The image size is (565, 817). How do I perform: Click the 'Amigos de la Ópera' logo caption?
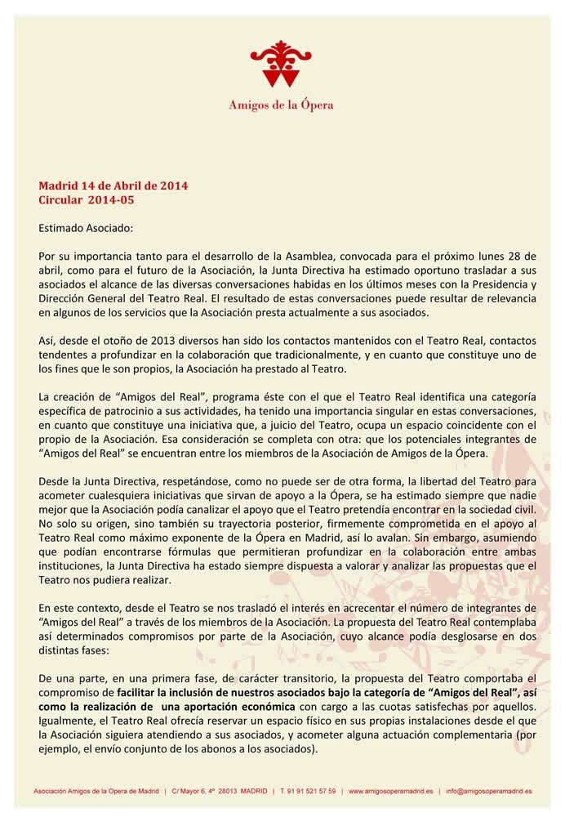[x=281, y=105]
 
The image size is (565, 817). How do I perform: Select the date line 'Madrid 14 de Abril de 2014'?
[x=113, y=185]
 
